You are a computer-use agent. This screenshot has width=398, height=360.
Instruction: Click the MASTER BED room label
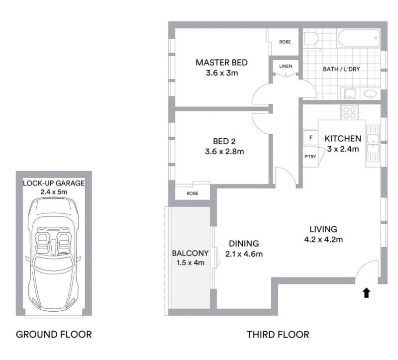click(x=221, y=63)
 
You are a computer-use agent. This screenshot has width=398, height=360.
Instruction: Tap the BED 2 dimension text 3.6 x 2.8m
click(x=224, y=152)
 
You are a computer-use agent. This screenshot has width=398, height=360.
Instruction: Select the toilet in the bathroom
click(x=310, y=39)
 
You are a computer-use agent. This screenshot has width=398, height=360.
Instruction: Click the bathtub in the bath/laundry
click(x=359, y=38)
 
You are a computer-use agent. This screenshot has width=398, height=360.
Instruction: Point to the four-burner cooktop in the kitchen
click(x=349, y=112)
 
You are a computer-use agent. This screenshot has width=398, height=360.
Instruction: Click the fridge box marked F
click(x=310, y=138)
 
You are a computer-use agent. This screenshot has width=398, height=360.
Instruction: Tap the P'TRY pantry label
click(x=310, y=157)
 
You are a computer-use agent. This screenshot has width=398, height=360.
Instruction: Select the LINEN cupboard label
click(x=286, y=66)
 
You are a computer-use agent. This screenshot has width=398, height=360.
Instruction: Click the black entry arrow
click(x=366, y=292)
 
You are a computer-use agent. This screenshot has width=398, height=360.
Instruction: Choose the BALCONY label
click(x=190, y=253)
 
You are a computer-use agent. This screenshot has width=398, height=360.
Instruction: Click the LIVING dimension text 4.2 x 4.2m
click(x=323, y=239)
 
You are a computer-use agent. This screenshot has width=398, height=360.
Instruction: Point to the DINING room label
click(x=244, y=244)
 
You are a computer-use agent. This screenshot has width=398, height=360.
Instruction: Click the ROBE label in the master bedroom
click(x=285, y=42)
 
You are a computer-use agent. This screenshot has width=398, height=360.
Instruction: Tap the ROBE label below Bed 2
click(x=193, y=193)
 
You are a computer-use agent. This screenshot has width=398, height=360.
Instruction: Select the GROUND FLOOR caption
click(x=54, y=334)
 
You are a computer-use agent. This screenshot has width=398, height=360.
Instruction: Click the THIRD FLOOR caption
click(x=278, y=334)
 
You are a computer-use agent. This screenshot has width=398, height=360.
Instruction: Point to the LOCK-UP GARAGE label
click(x=54, y=183)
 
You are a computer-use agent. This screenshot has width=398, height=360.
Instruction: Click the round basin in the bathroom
click(x=370, y=94)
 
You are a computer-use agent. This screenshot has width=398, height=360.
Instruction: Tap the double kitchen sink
click(x=373, y=144)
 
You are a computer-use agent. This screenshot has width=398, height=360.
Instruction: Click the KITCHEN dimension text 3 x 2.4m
click(x=343, y=149)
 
